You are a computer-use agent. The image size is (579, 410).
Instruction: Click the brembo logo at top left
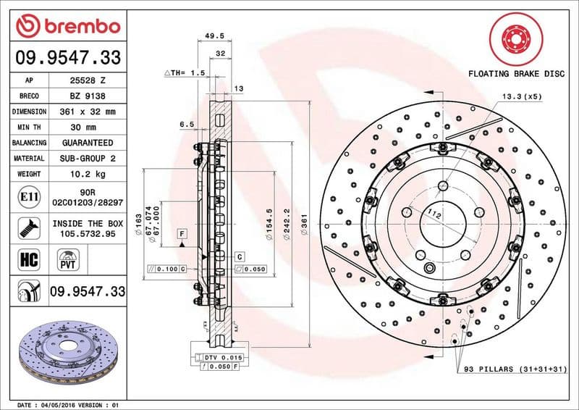(67, 27)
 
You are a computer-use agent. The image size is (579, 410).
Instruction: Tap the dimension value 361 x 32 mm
(90, 112)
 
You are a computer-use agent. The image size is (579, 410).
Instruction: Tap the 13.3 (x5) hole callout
(521, 97)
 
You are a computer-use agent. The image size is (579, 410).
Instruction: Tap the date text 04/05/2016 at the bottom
(72, 404)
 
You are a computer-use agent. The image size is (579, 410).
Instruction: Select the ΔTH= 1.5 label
(185, 73)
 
